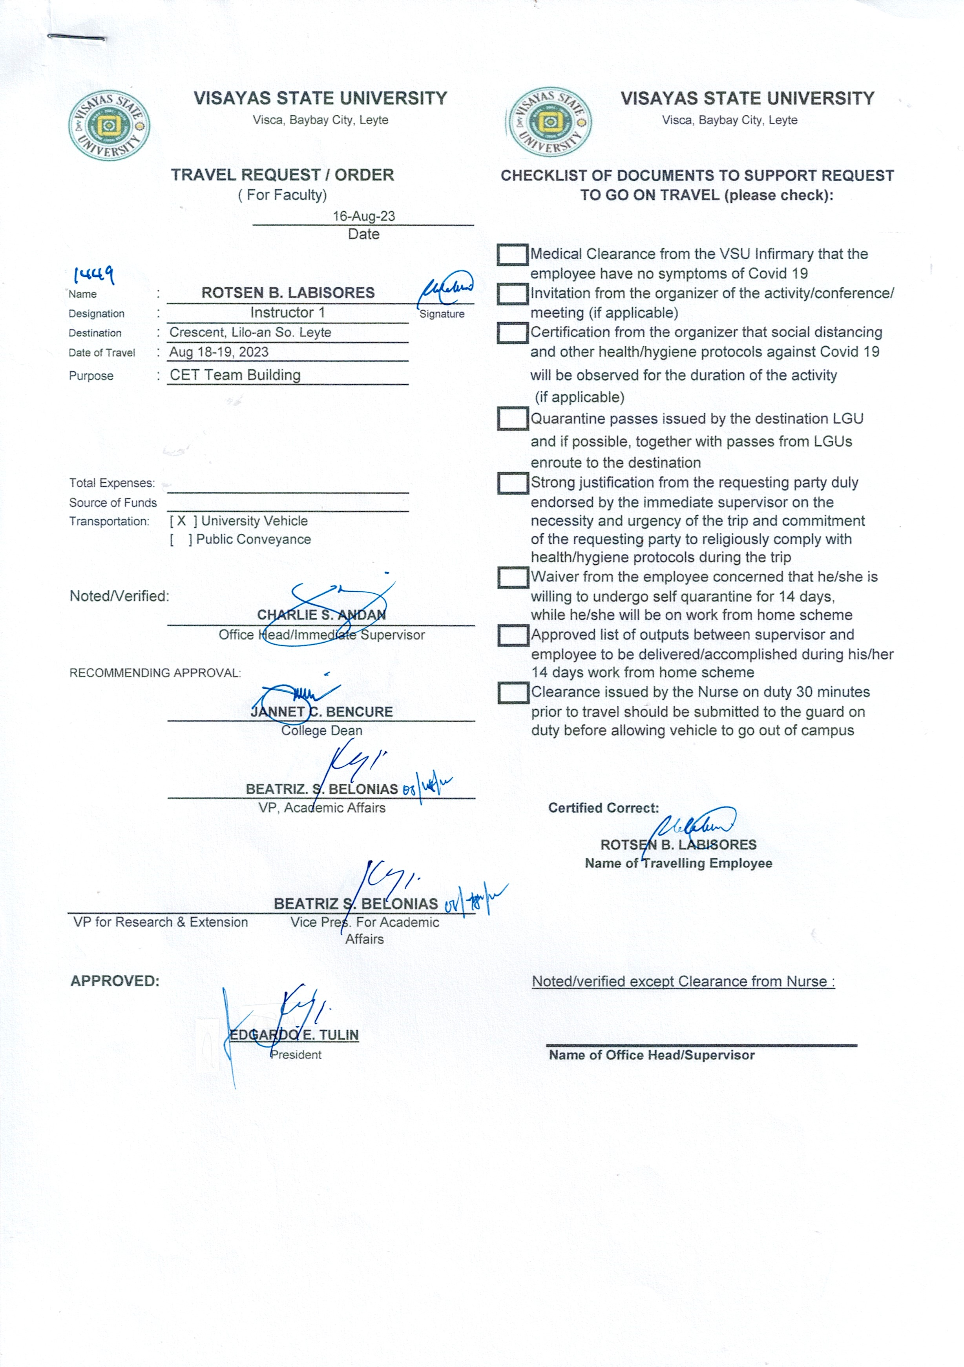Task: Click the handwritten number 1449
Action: [93, 274]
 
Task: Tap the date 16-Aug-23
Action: [363, 216]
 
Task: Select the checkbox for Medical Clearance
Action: [512, 255]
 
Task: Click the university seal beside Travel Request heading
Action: [109, 125]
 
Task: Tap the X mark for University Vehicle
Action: [182, 521]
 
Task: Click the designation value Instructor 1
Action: [287, 313]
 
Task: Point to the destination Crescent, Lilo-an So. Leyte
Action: [250, 332]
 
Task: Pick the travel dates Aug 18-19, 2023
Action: [219, 352]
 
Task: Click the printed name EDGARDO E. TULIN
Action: [294, 1035]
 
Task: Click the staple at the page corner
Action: [76, 38]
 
